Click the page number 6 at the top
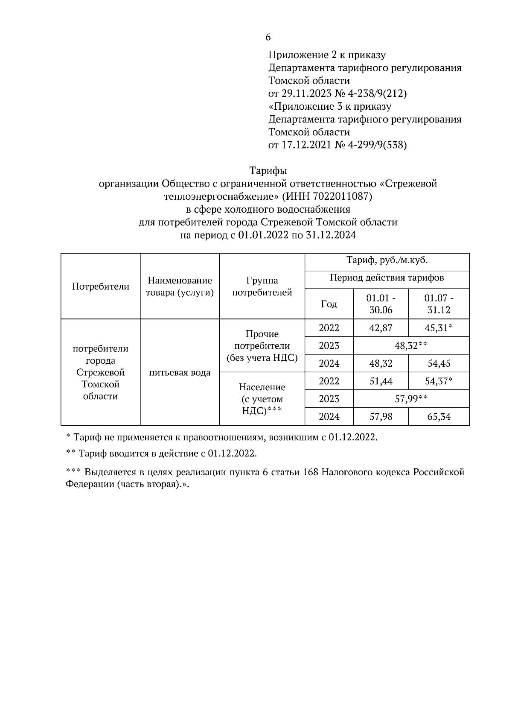point(268,38)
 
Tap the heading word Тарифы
point(268,171)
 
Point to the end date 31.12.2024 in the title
point(331,235)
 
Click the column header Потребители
point(101,286)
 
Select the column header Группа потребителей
point(262,286)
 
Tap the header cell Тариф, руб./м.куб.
point(387,260)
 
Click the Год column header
point(329,304)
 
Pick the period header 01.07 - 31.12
point(439,304)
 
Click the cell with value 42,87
point(381,328)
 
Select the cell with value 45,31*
point(439,328)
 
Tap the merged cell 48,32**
point(411,345)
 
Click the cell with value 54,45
point(439,363)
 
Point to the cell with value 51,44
point(381,381)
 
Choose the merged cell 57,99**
point(411,399)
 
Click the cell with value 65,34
point(439,416)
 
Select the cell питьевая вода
point(180,372)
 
